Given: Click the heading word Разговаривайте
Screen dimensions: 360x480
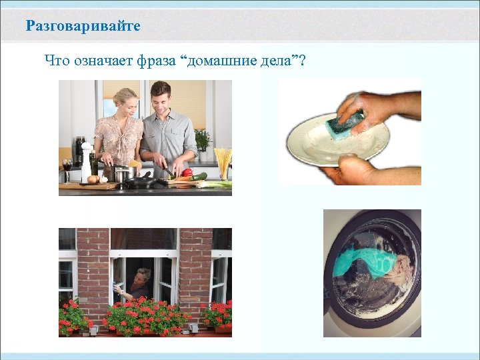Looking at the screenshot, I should tap(83, 27).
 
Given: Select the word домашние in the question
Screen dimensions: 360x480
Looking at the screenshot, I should tap(221, 63).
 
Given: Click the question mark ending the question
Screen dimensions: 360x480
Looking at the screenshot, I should tap(303, 62).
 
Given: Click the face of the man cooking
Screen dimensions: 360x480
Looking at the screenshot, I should tap(161, 97).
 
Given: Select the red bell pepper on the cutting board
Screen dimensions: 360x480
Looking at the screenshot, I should tap(187, 173).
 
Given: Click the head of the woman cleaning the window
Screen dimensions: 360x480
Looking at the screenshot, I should tap(142, 275).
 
